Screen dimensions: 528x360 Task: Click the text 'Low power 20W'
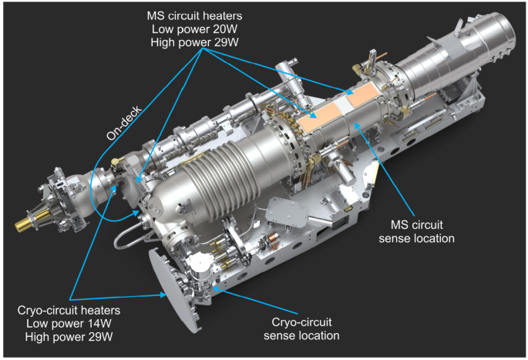tap(194, 29)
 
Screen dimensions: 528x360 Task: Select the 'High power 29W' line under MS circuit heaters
tap(194, 42)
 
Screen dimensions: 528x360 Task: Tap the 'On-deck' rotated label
tap(124, 123)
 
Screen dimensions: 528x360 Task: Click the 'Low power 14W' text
tap(69, 324)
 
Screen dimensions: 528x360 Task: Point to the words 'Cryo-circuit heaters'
tap(69, 310)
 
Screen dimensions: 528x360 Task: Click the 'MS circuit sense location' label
tap(416, 232)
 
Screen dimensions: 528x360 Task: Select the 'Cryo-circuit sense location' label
tap(301, 328)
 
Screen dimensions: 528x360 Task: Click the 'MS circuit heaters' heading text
tap(194, 16)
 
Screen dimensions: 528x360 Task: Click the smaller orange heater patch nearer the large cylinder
tap(363, 94)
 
